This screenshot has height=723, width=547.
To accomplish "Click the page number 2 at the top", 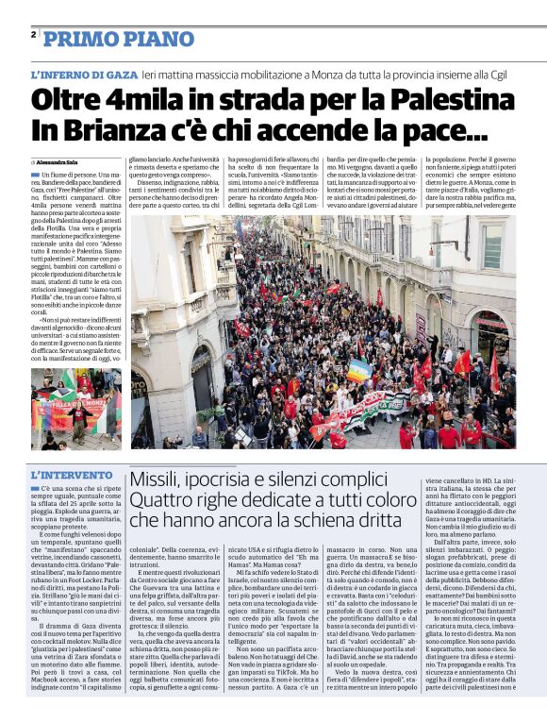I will pos(34,35).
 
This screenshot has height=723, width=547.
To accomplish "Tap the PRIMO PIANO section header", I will pos(118,39).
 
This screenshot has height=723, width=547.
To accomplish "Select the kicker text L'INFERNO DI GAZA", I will pos(83,74).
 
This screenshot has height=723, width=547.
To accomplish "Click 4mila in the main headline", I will pos(141,100).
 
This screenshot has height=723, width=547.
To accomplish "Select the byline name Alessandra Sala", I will pos(60,162).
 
